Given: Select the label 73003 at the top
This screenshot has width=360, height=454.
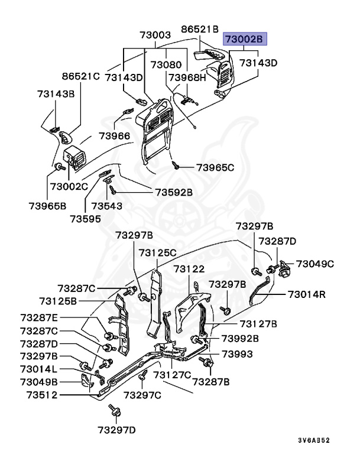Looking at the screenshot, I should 155,35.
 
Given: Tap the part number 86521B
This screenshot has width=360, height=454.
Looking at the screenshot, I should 200,28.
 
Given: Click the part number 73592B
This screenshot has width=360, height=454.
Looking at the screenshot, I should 174,192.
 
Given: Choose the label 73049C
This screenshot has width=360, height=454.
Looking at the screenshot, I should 315,264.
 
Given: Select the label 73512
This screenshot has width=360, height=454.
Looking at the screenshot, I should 38,395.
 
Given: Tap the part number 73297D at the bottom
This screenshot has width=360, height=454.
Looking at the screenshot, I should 117,429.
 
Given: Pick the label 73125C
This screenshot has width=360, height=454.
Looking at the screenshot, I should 158,252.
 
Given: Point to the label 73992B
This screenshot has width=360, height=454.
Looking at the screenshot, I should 240,338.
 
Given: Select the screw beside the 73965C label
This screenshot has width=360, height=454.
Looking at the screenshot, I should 176,165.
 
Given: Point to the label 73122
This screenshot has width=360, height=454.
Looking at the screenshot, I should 189,269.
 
